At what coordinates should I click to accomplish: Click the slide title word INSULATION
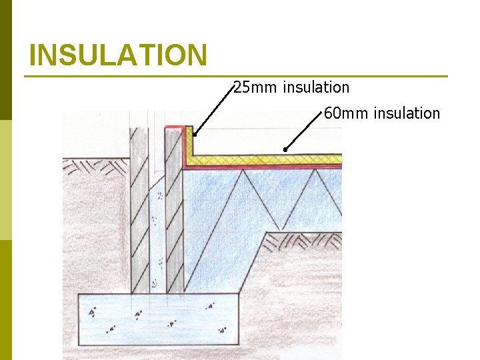click(x=119, y=55)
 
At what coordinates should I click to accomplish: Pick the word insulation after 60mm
click(x=407, y=113)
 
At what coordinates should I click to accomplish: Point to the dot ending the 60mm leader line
click(x=285, y=150)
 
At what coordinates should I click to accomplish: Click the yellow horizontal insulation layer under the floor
click(x=267, y=160)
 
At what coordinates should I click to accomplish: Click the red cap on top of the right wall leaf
click(x=176, y=126)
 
